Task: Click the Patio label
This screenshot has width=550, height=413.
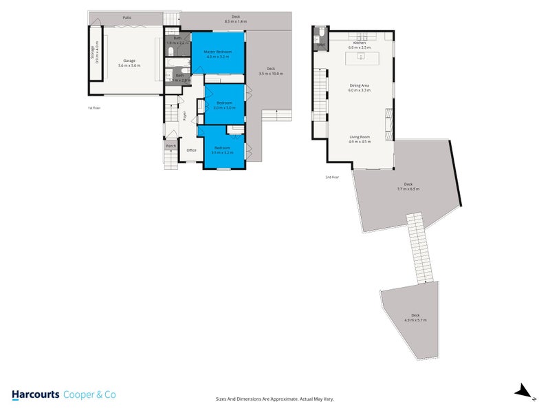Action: click(127, 17)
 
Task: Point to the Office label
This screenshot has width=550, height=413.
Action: click(191, 150)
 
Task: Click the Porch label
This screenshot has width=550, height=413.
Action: click(170, 146)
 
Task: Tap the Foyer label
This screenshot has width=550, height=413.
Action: click(184, 116)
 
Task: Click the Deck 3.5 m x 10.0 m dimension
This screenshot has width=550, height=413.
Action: click(271, 73)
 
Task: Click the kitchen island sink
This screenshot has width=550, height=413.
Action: click(360, 57)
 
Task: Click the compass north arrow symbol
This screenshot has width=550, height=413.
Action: click(525, 392)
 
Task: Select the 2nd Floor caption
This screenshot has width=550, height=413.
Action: click(333, 177)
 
